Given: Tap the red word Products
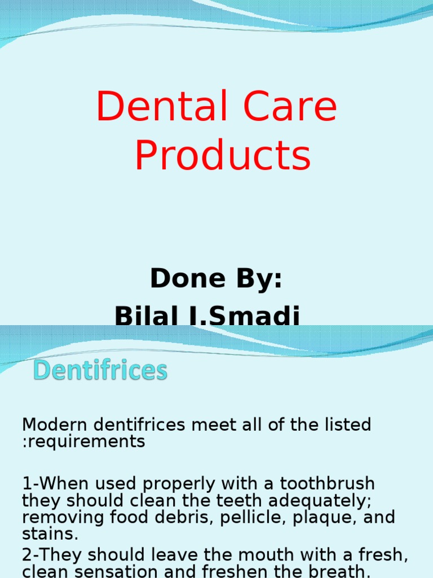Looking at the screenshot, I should (x=223, y=156).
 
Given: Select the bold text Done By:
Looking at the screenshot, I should (x=216, y=278).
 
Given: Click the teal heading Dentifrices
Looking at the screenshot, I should (x=100, y=371).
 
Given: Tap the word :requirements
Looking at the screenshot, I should (x=83, y=441).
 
